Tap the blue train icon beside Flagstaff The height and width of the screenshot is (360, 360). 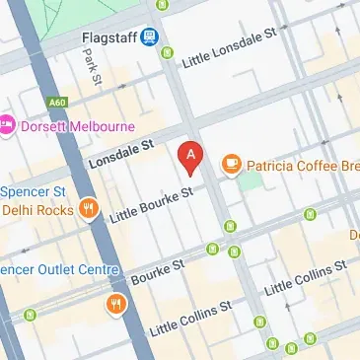pyautogui.click(x=149, y=37)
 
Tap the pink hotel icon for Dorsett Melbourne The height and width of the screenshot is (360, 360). pyautogui.click(x=6, y=125)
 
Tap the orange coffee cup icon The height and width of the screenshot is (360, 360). pyautogui.click(x=232, y=163)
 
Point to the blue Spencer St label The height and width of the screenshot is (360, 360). pyautogui.click(x=32, y=191)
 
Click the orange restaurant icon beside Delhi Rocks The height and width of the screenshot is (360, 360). pyautogui.click(x=91, y=208)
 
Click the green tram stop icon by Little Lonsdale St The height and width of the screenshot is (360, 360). pyautogui.click(x=168, y=52)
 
